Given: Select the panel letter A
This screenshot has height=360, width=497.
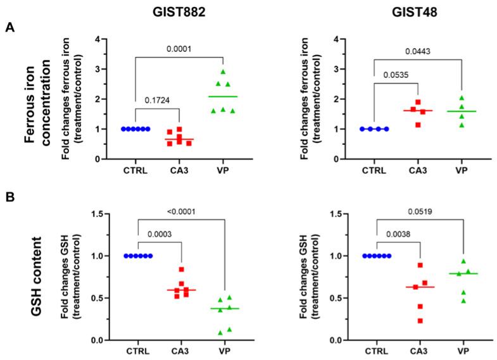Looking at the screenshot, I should pyautogui.click(x=10, y=28).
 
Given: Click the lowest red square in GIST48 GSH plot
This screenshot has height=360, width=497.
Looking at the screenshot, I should pyautogui.click(x=402, y=321).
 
